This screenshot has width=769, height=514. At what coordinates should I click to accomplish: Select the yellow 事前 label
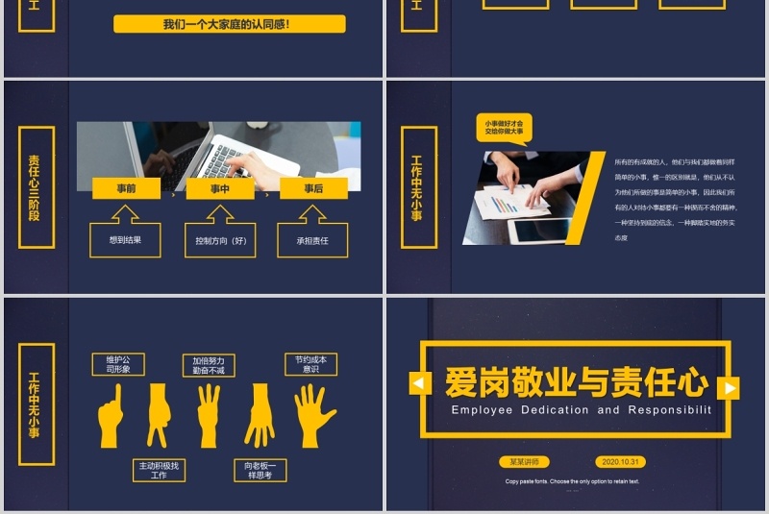(126, 189)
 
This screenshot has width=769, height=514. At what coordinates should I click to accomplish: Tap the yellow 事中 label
(220, 189)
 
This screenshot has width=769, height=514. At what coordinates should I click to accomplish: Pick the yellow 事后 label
(313, 189)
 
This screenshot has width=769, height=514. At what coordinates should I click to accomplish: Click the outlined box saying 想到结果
(125, 240)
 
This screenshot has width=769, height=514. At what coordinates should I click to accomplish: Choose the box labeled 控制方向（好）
(220, 240)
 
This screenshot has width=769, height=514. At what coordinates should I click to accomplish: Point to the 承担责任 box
(312, 240)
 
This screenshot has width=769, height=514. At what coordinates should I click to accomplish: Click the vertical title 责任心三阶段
(35, 188)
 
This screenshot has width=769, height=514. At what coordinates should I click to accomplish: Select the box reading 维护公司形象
(118, 364)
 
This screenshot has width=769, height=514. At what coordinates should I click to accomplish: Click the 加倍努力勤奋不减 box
(209, 365)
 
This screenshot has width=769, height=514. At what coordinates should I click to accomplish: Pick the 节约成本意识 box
(310, 364)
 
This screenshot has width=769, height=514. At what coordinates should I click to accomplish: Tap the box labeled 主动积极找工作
(159, 470)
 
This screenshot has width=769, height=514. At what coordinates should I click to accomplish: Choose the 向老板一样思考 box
(260, 470)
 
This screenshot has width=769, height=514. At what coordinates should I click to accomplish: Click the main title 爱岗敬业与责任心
(576, 382)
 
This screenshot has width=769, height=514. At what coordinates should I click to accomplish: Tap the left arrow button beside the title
(420, 384)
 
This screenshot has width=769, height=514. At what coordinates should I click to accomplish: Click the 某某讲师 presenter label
(525, 462)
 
